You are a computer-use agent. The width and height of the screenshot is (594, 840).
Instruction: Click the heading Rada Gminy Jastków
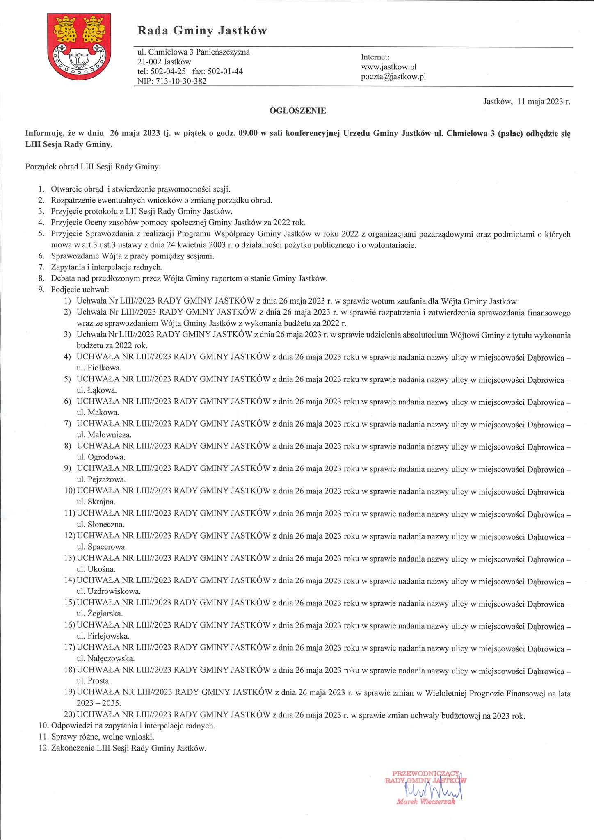coord(202,31)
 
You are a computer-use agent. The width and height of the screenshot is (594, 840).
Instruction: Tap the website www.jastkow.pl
coord(388,67)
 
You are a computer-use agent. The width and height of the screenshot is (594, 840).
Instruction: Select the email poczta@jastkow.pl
coord(393,76)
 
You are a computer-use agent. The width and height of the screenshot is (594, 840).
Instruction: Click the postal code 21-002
coord(149,62)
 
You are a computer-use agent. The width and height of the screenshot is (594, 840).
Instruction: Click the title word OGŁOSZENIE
coord(297,111)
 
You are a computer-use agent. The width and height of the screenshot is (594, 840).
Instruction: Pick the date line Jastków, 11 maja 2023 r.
coord(527,102)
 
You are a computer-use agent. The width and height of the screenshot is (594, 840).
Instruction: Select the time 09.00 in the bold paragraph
coord(247,134)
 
